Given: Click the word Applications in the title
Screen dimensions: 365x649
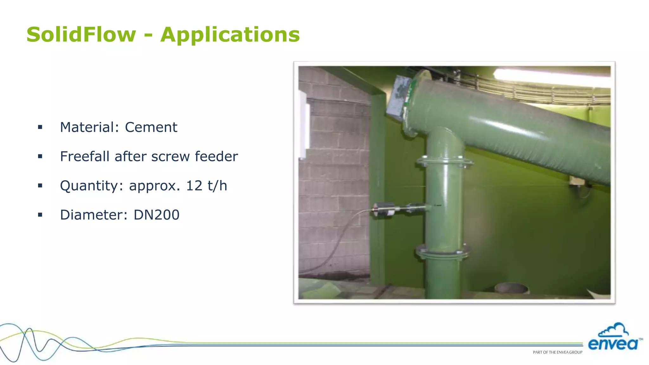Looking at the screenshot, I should [230, 35].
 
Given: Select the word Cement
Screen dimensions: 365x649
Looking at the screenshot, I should [151, 127].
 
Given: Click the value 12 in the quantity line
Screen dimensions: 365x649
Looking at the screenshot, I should [194, 186].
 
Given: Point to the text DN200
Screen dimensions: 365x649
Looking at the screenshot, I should [156, 215].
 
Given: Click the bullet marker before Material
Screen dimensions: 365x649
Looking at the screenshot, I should [40, 127].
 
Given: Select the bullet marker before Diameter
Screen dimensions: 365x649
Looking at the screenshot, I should [40, 215].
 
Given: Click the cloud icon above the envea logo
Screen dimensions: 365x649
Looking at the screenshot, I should [614, 330].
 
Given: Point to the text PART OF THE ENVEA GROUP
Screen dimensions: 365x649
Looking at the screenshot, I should [557, 352].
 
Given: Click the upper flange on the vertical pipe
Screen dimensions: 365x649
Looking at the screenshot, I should [445, 162].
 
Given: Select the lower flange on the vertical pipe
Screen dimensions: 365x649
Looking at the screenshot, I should [443, 252].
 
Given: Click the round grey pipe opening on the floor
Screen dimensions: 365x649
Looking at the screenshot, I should [511, 288].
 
